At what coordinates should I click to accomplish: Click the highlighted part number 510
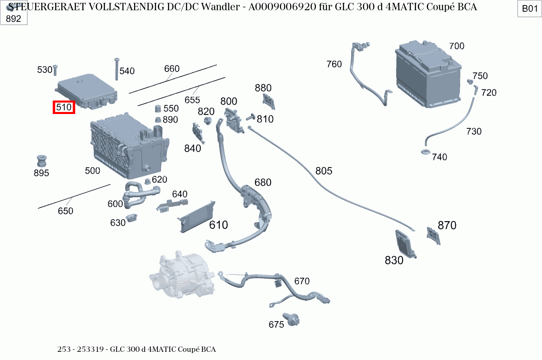(64, 107)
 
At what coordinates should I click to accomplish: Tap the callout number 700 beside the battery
(457, 46)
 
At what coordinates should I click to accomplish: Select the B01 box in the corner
(530, 9)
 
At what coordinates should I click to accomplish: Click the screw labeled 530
(55, 71)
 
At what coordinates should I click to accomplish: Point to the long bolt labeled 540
(117, 67)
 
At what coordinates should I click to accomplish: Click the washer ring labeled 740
(425, 153)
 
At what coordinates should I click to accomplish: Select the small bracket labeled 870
(433, 236)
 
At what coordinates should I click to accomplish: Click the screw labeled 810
(249, 118)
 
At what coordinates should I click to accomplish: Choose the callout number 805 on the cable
(324, 171)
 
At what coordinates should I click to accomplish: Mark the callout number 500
(92, 171)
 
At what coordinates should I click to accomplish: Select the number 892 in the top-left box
(13, 19)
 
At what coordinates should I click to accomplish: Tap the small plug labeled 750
(470, 82)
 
